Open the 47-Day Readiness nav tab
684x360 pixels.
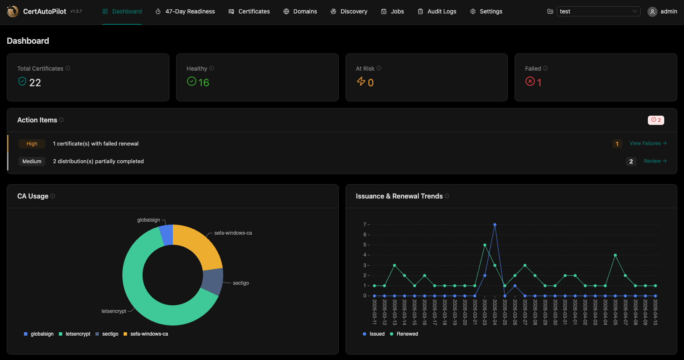tap(185, 11)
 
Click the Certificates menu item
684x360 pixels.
tap(249, 11)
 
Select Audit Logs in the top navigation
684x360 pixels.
tap(437, 11)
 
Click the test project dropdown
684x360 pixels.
tap(598, 11)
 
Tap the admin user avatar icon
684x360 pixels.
tap(652, 12)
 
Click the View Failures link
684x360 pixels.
tap(647, 143)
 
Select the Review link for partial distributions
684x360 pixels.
tap(655, 161)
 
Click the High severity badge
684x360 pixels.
tap(32, 144)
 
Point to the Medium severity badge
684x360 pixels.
tap(32, 161)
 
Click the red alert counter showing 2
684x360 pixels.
tap(655, 120)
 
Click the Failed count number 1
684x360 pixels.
tap(539, 83)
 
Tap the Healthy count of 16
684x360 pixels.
tap(203, 83)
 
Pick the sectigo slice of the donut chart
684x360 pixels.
tap(213, 281)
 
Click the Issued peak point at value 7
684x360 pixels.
tap(495, 225)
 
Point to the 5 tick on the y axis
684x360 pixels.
tap(364, 245)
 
